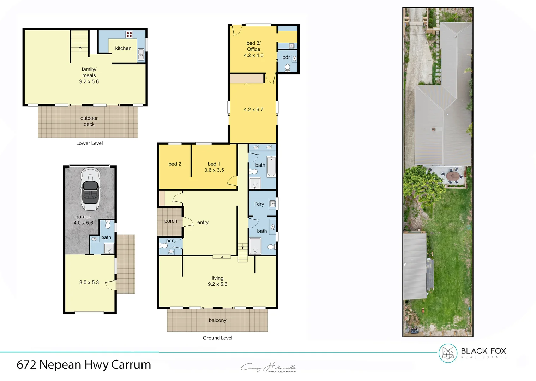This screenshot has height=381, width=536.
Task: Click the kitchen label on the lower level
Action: [x=123, y=48]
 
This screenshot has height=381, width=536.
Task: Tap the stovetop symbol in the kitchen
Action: [x=129, y=34]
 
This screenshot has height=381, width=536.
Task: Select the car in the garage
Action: [x=90, y=189]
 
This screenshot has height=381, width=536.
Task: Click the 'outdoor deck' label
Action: [x=89, y=121]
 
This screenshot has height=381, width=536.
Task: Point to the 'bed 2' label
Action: [x=175, y=164]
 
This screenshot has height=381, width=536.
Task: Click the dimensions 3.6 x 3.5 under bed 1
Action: [x=214, y=170]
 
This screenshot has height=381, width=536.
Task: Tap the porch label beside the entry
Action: [x=170, y=221]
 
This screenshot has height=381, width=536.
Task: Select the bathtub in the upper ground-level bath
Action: [x=271, y=167]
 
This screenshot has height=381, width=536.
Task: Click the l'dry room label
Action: [x=259, y=204]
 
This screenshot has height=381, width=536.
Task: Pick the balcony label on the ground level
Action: [x=217, y=320]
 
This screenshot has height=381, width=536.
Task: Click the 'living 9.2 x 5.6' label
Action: [x=217, y=281]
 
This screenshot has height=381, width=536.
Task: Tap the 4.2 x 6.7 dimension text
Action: [x=253, y=110]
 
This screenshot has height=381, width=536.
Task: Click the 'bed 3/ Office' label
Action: [x=253, y=46]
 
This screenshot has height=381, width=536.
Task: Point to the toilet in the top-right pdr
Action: [x=287, y=67]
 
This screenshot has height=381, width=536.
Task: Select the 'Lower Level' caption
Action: [x=89, y=143]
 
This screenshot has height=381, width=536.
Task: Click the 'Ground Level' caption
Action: [x=217, y=338]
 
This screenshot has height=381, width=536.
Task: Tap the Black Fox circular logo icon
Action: [x=448, y=353]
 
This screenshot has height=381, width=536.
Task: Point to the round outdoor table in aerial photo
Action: [x=452, y=175]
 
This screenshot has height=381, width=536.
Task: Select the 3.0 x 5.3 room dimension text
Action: [x=89, y=283]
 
